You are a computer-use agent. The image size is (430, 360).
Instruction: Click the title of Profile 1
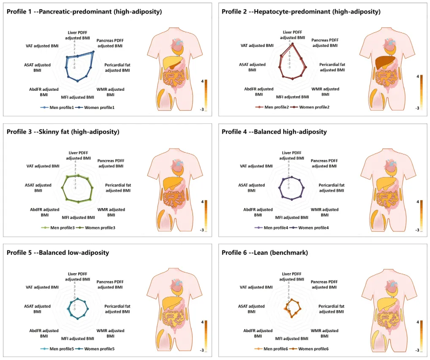84,12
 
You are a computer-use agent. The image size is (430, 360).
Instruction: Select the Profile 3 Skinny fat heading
63,132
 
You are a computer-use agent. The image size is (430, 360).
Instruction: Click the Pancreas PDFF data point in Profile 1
93,52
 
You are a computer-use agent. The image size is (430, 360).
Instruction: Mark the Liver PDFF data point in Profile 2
292,44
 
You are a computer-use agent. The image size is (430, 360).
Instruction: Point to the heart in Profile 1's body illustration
179,43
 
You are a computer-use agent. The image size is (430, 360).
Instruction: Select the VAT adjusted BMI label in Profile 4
256,166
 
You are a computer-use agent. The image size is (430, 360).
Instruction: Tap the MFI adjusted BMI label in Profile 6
291,338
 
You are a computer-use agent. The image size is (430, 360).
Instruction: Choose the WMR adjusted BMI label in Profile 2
325,92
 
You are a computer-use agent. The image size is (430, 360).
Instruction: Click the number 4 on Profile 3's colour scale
202,202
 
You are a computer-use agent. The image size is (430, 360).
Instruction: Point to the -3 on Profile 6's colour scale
417,350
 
